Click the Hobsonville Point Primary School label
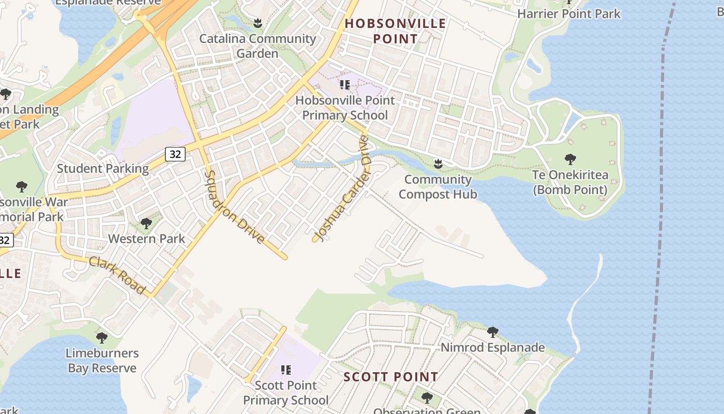pos(345,108)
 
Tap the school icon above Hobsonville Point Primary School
pos(345,84)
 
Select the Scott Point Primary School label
pos(285,393)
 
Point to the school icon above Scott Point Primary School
pos(285,369)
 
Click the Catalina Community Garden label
pos(258,46)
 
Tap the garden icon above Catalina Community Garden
pos(258,23)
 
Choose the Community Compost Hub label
pos(438,187)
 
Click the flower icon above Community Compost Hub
pos(438,164)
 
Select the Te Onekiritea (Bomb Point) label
pos(570,182)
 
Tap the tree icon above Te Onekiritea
pos(570,159)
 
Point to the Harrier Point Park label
pos(569,14)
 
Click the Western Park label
pos(146,239)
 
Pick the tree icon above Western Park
pos(146,224)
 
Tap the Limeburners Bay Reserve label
pos(102,361)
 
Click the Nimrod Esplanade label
pos(492,347)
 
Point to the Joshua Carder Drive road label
pos(343,189)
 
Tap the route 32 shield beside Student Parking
pos(175,154)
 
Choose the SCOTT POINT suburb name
pos(391,377)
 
